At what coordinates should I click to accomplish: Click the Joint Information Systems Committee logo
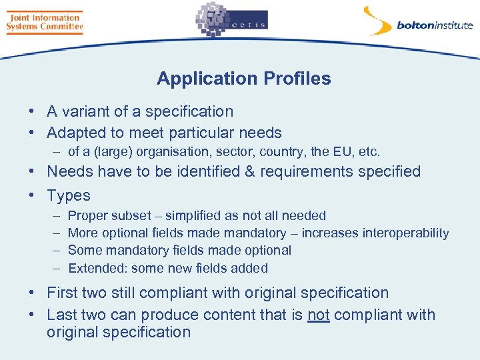coord(44,21)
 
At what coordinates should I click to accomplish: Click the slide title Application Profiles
coord(243,79)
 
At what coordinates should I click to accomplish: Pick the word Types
coord(69,195)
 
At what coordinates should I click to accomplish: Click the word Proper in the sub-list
coord(88,216)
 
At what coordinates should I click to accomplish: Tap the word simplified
coord(200,215)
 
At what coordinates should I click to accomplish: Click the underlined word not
coord(319,315)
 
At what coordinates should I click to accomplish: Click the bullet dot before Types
coord(32,195)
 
